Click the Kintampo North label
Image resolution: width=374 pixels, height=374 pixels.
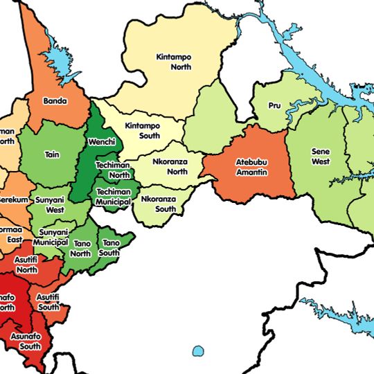[173, 62]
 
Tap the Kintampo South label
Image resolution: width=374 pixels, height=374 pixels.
[142, 131]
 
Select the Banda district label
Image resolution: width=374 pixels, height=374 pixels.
[55, 101]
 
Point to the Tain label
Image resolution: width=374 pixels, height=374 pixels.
[51, 154]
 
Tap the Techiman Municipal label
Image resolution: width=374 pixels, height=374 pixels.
[114, 197]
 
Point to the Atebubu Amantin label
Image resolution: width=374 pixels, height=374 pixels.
[252, 167]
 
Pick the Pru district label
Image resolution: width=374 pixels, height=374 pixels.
[274, 107]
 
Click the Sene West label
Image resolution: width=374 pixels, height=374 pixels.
[321, 157]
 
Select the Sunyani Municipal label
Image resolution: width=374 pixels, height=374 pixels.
[53, 237]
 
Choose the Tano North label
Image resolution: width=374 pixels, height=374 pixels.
[82, 248]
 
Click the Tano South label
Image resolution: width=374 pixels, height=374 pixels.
[110, 248]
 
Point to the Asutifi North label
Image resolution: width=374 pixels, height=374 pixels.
[26, 264]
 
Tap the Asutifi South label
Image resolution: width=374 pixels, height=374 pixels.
[48, 302]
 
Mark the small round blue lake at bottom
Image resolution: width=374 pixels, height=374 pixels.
[198, 351]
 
